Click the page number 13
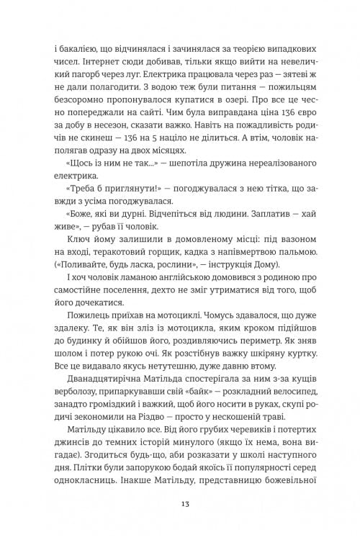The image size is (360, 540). [x=180, y=503]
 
